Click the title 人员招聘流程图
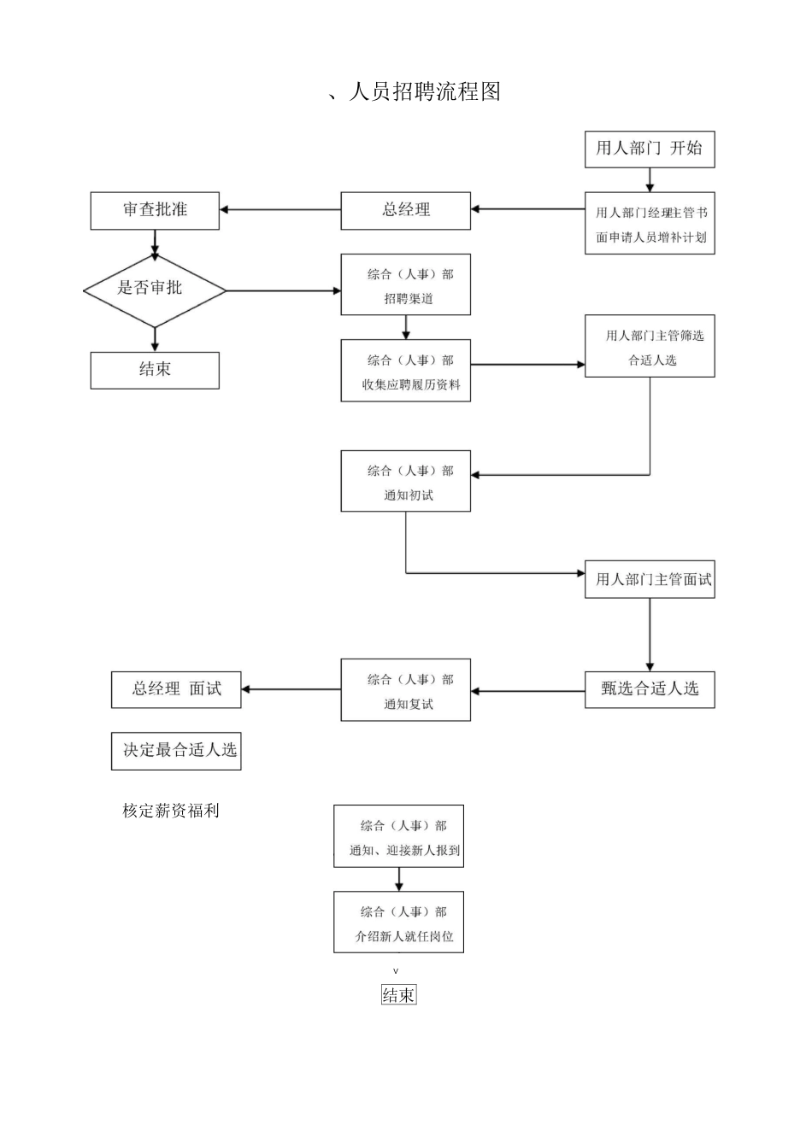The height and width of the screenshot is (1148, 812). (415, 92)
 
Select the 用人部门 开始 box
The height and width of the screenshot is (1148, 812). (649, 149)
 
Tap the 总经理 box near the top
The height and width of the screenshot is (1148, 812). (405, 210)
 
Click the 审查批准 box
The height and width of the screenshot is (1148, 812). (155, 210)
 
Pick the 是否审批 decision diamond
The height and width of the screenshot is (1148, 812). (154, 290)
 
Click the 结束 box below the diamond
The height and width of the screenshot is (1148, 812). (155, 370)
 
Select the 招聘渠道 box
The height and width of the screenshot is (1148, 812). (405, 285)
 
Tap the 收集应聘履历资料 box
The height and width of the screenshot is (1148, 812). (405, 371)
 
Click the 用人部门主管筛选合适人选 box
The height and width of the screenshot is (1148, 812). (649, 346)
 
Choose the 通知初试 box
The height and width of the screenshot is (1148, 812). (405, 481)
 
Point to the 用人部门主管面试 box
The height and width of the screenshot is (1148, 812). (649, 579)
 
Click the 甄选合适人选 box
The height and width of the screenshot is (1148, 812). (649, 689)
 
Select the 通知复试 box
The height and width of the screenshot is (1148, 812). (405, 690)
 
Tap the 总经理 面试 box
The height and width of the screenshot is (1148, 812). (176, 689)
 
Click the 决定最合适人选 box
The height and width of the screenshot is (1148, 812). (176, 751)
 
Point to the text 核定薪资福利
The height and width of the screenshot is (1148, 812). (171, 811)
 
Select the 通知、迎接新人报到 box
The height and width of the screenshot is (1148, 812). (398, 836)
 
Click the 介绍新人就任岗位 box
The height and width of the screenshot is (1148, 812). (398, 922)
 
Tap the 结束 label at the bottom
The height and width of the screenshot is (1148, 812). (398, 994)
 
